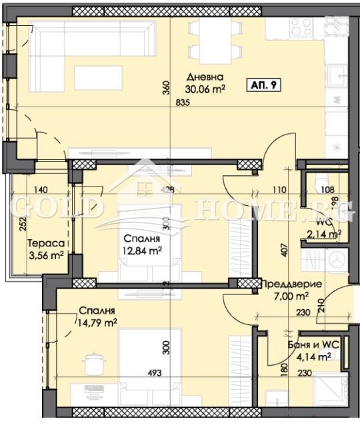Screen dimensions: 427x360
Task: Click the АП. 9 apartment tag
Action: [264, 85]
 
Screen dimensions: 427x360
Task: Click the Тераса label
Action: [31, 244]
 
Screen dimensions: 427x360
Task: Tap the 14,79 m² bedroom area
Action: [97, 322]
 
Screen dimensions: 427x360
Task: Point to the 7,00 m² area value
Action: [293, 296]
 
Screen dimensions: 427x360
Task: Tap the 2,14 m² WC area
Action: [324, 234]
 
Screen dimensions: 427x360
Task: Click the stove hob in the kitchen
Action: [300, 26]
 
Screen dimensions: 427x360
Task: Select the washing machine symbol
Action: [323, 258]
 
